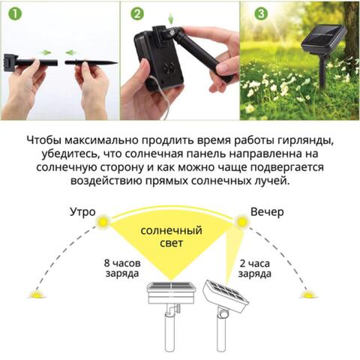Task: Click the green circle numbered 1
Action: click(12, 13)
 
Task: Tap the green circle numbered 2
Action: click(136, 13)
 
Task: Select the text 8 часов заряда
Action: click(120, 268)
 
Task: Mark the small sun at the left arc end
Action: click(35, 295)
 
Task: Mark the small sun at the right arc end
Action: click(307, 295)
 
